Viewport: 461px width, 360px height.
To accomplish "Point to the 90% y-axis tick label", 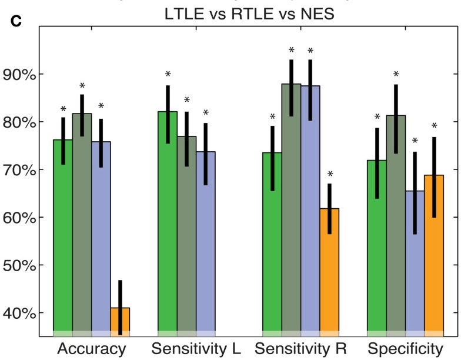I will point(21,75).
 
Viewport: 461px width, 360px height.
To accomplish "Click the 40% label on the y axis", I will point(21,313).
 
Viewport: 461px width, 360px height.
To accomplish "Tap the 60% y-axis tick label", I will point(21,218).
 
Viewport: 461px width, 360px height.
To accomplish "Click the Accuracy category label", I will point(91,349).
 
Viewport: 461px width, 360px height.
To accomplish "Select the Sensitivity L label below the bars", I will point(196,349).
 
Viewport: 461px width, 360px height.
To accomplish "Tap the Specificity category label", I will point(405,349).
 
